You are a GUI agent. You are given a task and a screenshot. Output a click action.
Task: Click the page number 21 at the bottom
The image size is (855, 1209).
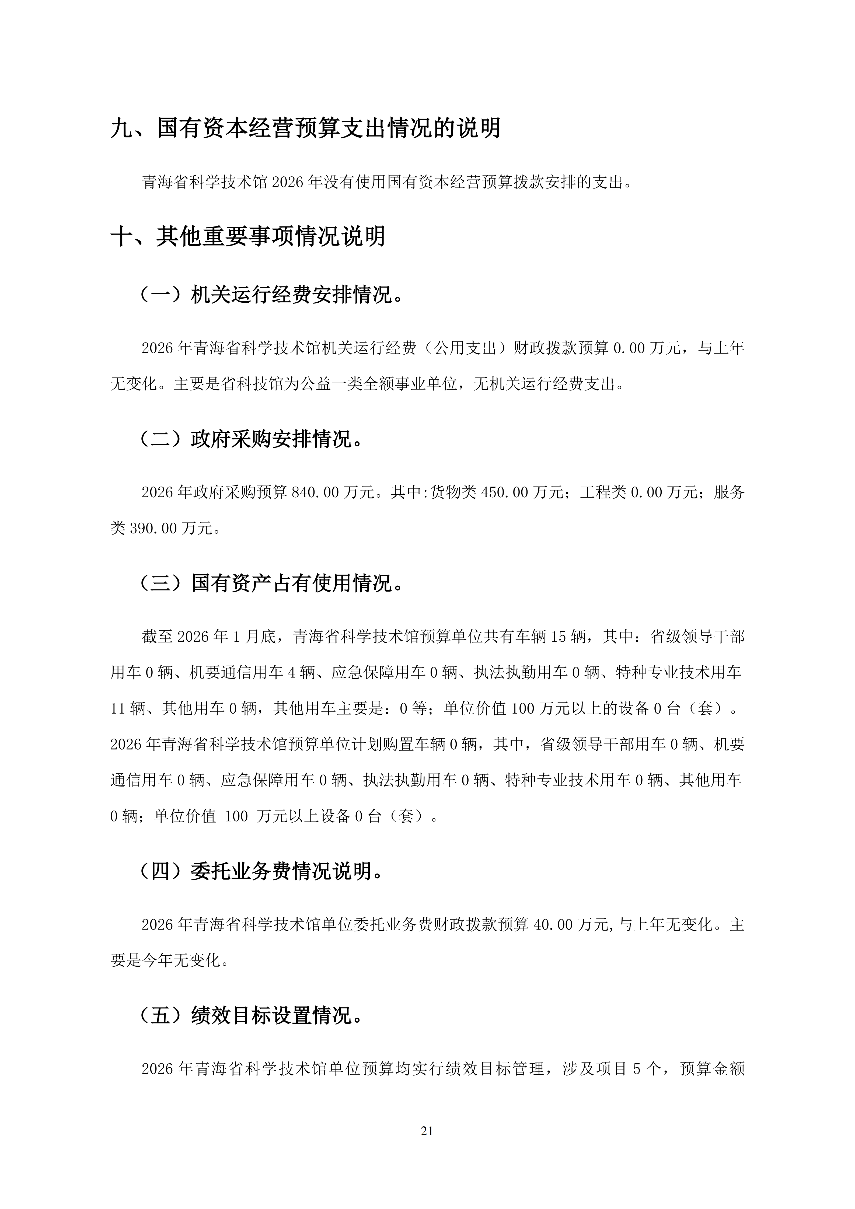(427, 1131)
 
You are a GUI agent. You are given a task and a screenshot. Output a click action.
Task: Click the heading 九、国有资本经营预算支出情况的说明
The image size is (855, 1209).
(305, 128)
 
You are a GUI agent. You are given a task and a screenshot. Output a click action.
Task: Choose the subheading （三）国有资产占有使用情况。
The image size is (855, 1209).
(272, 583)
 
